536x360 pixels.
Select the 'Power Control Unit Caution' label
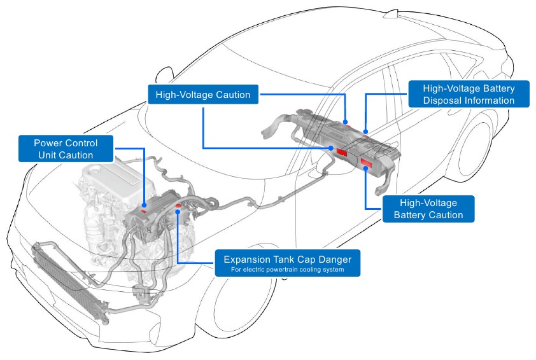(x=66, y=148)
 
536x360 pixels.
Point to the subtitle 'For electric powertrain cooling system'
(x=287, y=270)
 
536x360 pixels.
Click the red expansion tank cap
(x=178, y=205)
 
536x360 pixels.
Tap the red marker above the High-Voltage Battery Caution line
(x=367, y=164)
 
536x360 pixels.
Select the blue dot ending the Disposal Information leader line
(x=366, y=131)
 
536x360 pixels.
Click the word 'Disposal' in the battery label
(x=443, y=100)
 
